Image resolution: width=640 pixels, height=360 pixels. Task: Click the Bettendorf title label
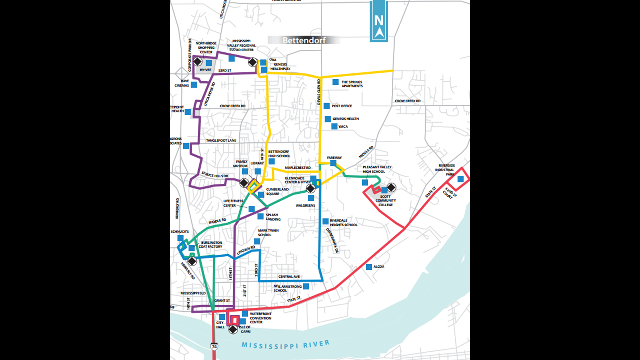304,40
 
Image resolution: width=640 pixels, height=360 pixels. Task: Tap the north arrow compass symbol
379,22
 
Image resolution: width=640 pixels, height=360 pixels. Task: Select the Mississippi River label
285,345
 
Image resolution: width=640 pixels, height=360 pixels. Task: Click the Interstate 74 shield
214,347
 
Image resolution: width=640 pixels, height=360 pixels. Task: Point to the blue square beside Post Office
327,106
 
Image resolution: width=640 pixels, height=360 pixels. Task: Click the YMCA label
343,127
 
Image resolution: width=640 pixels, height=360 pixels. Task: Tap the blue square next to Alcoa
369,267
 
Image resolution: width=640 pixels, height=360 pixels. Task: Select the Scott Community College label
386,201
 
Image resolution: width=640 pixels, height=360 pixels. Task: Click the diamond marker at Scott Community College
391,188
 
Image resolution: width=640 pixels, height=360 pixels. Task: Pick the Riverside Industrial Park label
446,170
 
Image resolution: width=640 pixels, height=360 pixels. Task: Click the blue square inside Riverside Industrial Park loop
460,179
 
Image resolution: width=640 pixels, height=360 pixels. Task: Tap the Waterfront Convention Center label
260,318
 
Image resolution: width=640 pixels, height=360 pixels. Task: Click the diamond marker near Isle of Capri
233,329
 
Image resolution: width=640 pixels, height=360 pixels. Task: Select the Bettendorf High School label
279,154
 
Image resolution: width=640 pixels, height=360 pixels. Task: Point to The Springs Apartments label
352,84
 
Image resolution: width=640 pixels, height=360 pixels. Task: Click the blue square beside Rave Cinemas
194,85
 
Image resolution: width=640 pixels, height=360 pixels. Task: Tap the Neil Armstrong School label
287,288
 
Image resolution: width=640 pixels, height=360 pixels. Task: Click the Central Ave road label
289,277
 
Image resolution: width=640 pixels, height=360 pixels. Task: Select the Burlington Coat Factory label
211,245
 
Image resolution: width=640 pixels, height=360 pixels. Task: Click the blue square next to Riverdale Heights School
325,221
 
